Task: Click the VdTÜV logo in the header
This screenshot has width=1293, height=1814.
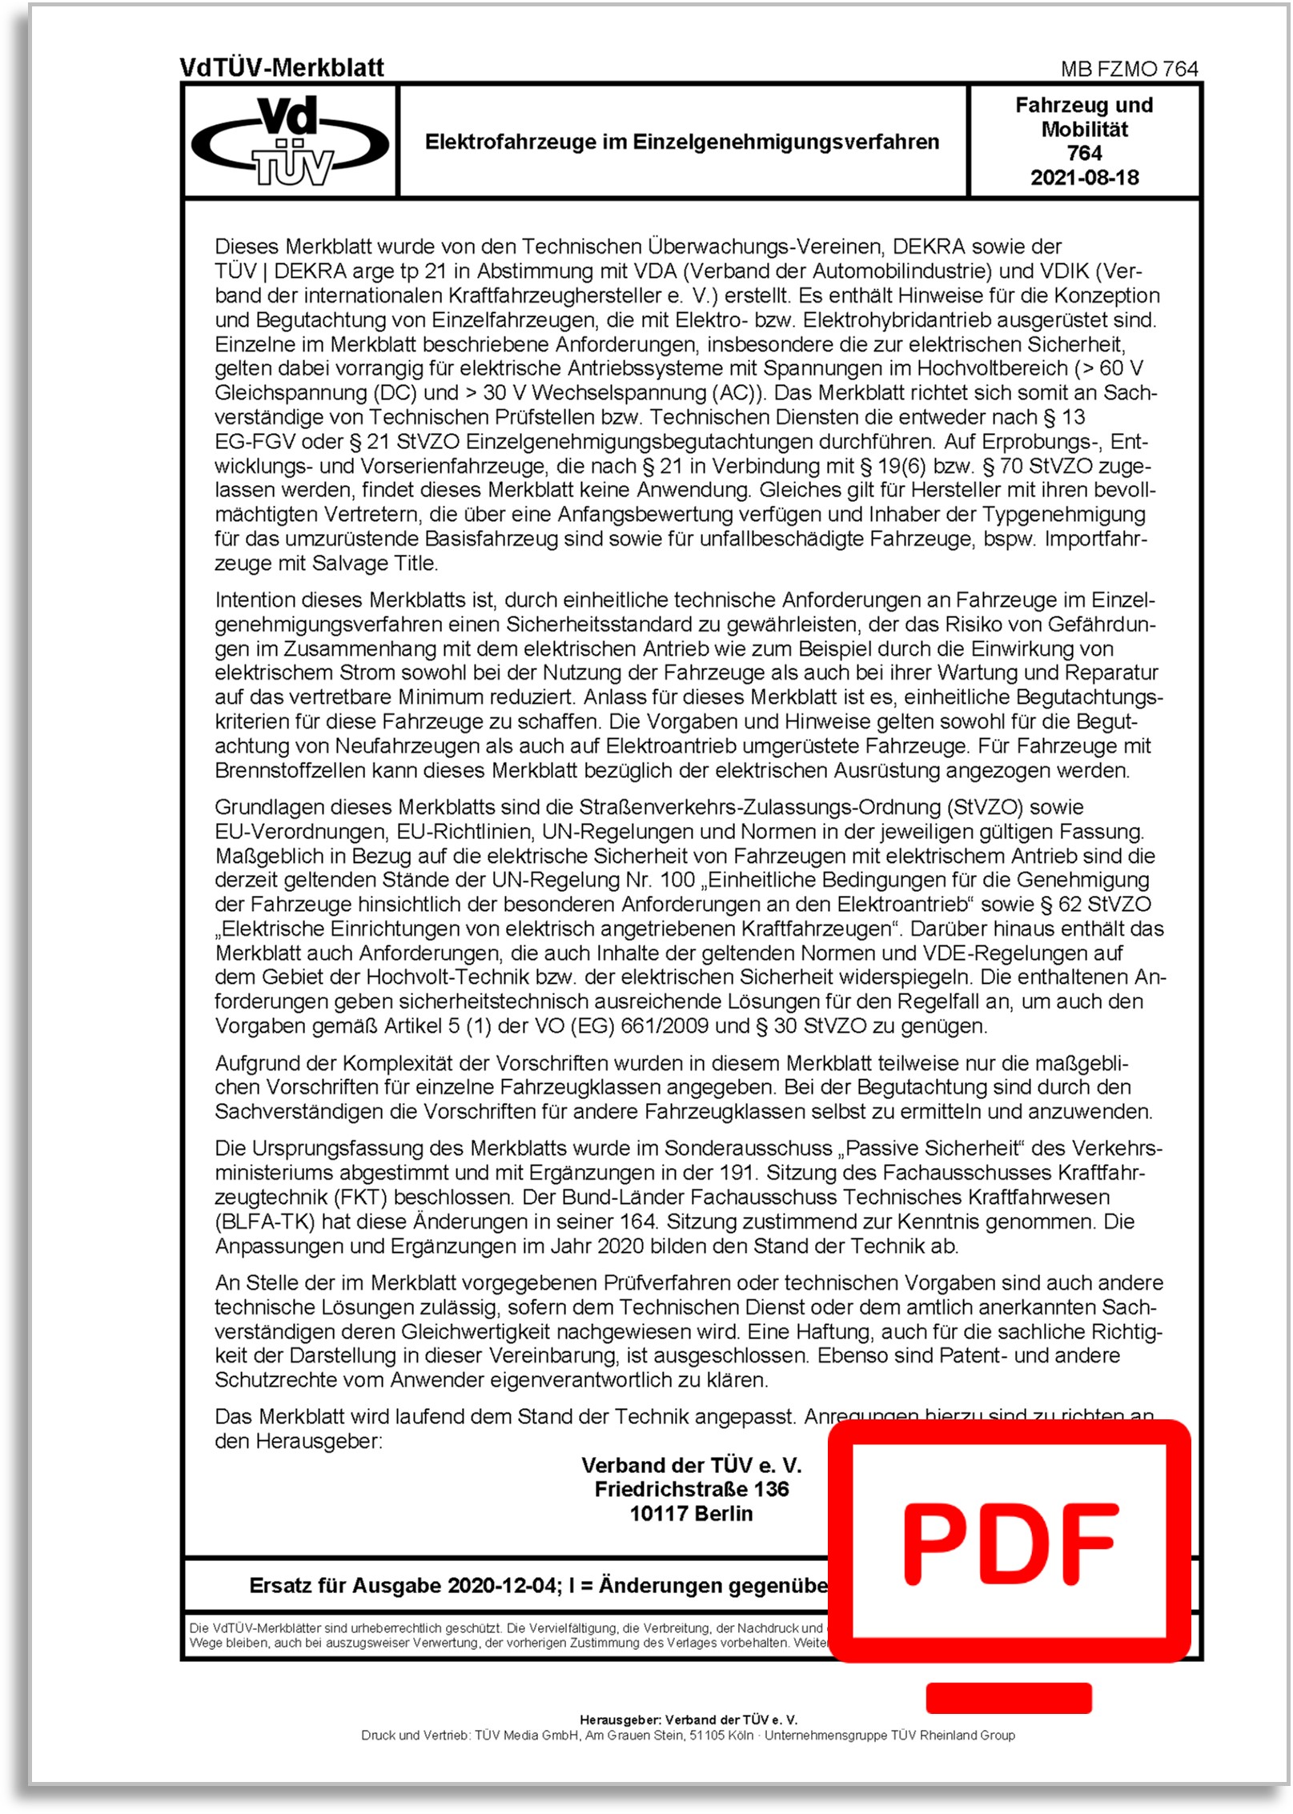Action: [x=290, y=140]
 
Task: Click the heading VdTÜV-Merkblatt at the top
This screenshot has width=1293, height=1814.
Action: [x=282, y=68]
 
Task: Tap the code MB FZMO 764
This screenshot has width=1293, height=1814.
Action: [x=1129, y=69]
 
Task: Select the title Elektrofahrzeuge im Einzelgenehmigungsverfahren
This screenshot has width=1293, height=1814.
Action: [x=682, y=142]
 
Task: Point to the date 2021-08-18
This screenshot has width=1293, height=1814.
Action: [x=1084, y=178]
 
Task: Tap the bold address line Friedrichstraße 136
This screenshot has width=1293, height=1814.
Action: [x=691, y=1489]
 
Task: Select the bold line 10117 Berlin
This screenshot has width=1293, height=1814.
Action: [x=691, y=1514]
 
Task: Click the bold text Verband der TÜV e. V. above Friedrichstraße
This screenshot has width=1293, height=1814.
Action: [x=691, y=1465]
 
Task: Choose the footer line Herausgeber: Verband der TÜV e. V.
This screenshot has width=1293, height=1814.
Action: [x=689, y=1720]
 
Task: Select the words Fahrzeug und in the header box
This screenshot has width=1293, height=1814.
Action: [x=1084, y=106]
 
